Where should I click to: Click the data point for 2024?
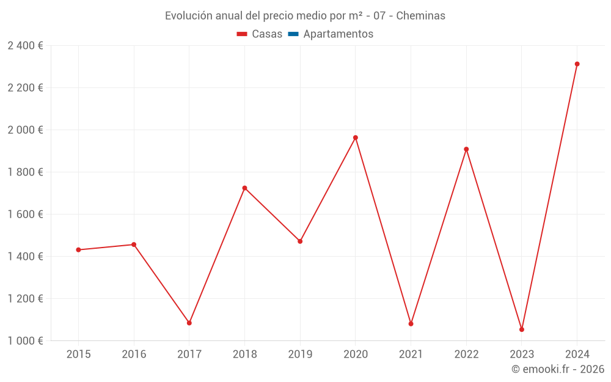[577, 64]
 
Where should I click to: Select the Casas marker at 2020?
[356, 138]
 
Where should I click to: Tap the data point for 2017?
[189, 323]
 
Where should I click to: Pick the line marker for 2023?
[522, 329]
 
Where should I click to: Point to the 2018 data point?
[244, 188]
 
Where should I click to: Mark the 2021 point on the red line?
[411, 324]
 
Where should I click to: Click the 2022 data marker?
[466, 149]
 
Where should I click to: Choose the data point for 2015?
[78, 250]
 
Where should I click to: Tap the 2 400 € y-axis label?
[25, 46]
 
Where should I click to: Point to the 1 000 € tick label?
[25, 341]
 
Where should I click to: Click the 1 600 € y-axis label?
[25, 215]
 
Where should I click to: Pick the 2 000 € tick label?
[25, 130]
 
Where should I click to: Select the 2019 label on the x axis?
[300, 354]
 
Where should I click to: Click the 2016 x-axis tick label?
[134, 354]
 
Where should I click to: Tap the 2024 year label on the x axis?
[577, 354]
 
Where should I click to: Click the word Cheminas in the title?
[420, 16]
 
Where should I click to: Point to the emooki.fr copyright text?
[558, 369]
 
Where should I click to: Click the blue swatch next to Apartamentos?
[293, 34]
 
